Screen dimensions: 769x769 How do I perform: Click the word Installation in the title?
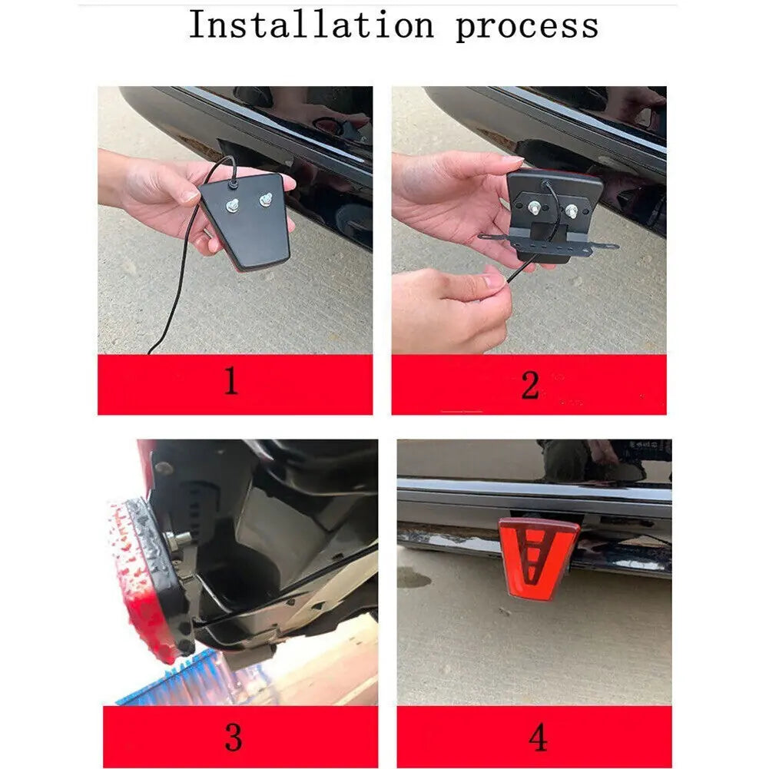(x=311, y=25)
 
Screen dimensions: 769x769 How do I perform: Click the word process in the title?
(x=527, y=28)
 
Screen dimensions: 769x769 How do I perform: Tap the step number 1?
(x=231, y=381)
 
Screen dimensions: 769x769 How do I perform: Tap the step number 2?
(x=529, y=385)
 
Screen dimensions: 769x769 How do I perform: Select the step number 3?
(x=234, y=738)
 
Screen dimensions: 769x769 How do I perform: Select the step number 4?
(x=538, y=738)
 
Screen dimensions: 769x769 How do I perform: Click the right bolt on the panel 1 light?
(x=265, y=199)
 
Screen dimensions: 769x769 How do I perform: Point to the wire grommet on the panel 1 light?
(x=233, y=184)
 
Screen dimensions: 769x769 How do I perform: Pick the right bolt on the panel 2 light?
(x=572, y=211)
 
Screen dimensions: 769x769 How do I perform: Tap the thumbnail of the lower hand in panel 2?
(x=492, y=281)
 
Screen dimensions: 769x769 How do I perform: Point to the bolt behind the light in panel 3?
(x=177, y=540)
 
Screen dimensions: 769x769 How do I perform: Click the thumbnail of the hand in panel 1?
(x=189, y=196)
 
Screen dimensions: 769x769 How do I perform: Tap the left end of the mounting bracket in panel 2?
(x=482, y=237)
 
